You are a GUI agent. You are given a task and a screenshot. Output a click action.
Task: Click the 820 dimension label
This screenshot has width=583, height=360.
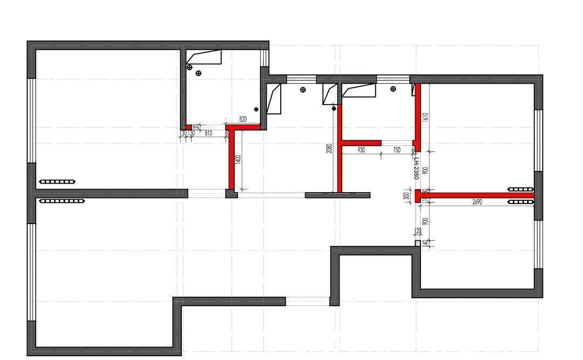[x=243, y=120]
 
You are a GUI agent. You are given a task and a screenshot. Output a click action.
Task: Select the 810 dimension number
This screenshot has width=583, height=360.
[x=208, y=132]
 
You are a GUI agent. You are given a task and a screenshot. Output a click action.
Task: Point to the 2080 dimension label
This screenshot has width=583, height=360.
[x=329, y=149]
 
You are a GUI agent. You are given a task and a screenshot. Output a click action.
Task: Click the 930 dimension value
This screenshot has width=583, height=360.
[x=361, y=151]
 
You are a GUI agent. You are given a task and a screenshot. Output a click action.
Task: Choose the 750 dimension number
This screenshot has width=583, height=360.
[x=397, y=151]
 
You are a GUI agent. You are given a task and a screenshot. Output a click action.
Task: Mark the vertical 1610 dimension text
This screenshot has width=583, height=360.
[x=425, y=118]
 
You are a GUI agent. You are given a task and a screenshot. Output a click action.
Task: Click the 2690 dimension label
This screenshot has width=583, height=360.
[x=477, y=202]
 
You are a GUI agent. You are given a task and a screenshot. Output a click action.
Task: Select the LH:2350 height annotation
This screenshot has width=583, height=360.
[x=416, y=165]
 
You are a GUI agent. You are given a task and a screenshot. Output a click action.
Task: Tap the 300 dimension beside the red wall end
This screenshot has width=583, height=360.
[x=406, y=196]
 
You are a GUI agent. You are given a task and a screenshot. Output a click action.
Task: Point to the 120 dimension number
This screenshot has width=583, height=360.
[x=417, y=232]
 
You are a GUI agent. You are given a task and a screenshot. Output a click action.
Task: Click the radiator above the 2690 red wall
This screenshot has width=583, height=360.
[x=521, y=189]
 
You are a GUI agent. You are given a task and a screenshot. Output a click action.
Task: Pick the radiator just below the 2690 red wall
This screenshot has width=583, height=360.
[x=521, y=202]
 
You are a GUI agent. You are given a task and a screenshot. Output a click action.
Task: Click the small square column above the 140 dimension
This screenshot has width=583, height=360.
[x=418, y=243]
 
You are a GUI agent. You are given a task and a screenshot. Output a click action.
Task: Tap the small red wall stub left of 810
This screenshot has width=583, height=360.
[x=189, y=127]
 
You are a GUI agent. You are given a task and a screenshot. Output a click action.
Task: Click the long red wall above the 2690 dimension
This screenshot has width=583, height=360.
[x=475, y=195]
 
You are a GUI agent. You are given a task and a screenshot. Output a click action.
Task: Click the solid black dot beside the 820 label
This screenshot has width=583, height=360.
[x=256, y=110]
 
